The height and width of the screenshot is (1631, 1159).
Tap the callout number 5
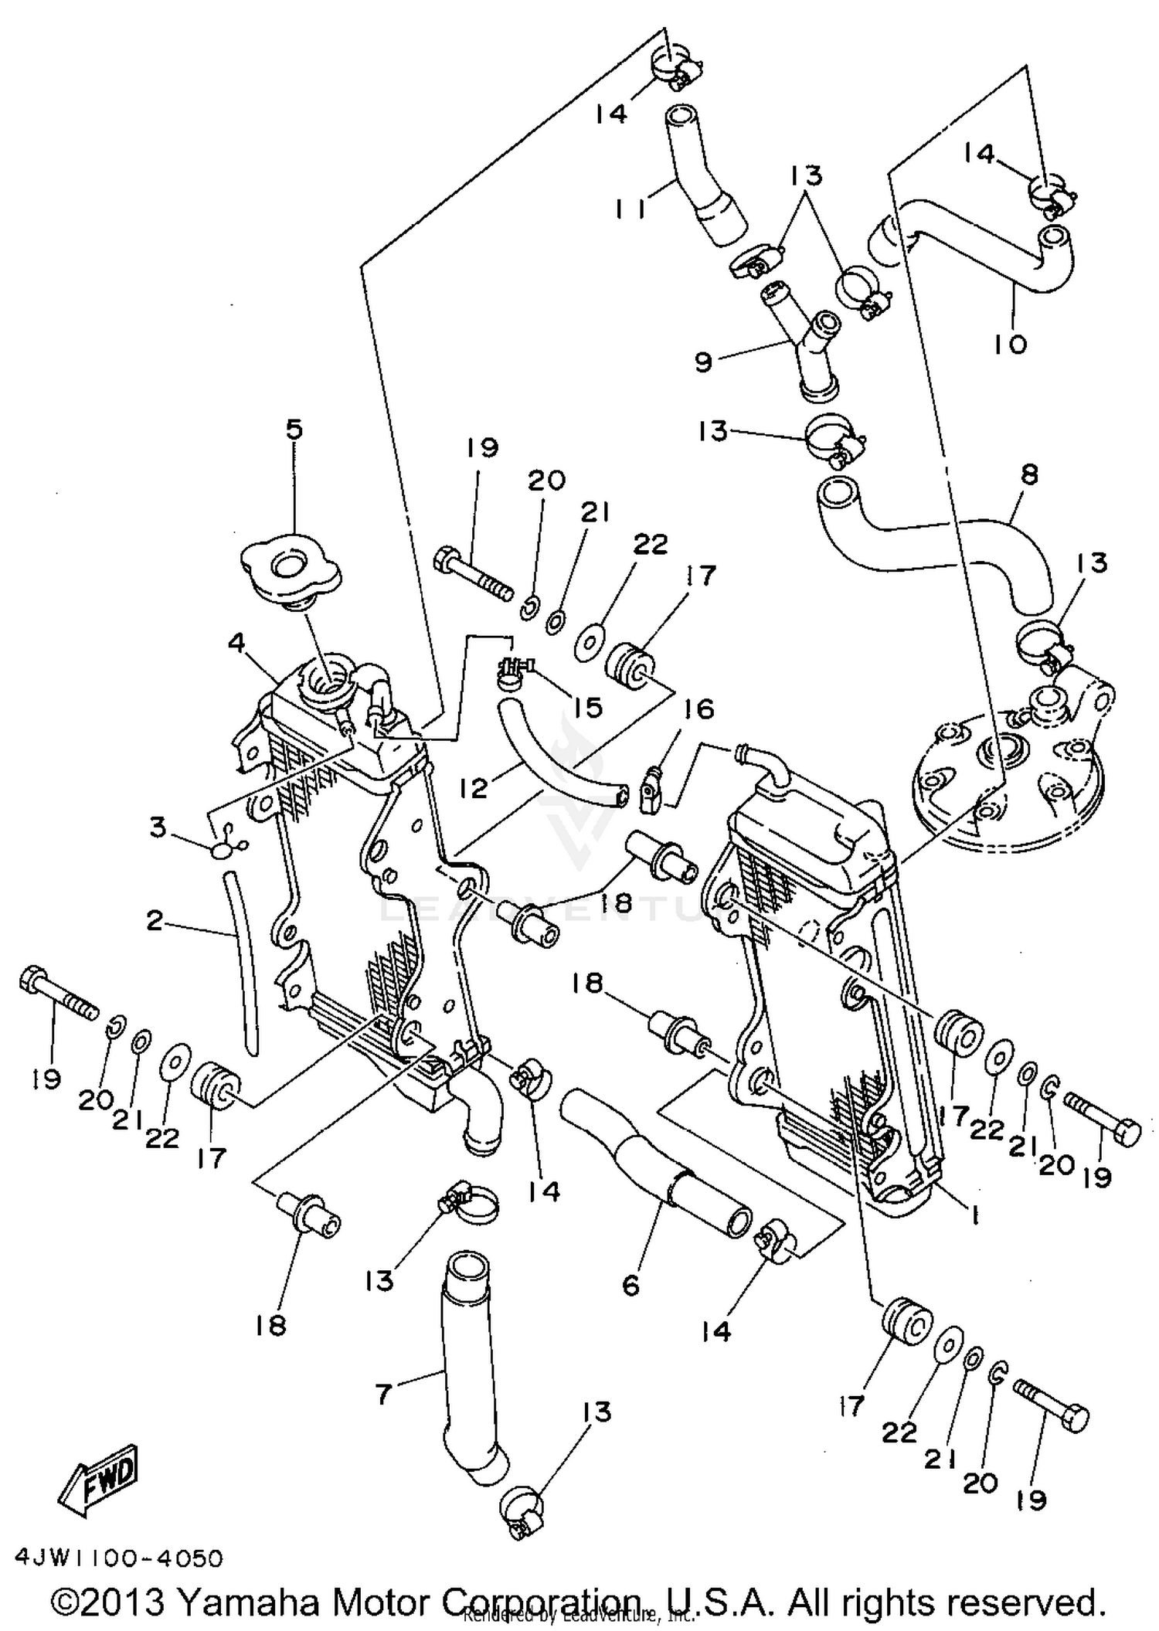pyautogui.click(x=295, y=430)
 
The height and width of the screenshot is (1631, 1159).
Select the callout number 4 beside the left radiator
pyautogui.click(x=236, y=643)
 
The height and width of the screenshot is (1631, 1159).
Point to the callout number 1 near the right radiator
pyautogui.click(x=975, y=1215)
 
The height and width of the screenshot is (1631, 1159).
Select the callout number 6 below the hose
pyautogui.click(x=631, y=1285)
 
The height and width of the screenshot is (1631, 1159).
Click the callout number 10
pyautogui.click(x=1010, y=344)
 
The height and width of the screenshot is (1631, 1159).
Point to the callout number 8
pyautogui.click(x=1029, y=474)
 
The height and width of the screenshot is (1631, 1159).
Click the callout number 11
pyautogui.click(x=631, y=209)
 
